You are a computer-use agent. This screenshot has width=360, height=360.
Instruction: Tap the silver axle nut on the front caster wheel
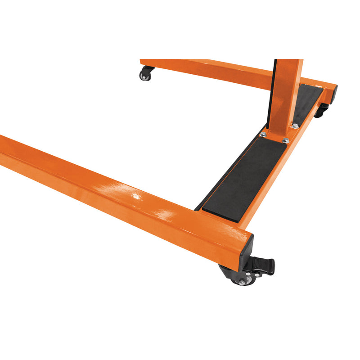tap(242, 282)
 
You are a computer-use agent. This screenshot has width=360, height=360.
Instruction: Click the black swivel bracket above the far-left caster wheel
tap(147, 69)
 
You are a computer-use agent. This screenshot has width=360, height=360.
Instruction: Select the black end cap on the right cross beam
tap(333, 94)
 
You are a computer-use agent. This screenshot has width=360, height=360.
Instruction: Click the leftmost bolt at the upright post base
tap(263, 134)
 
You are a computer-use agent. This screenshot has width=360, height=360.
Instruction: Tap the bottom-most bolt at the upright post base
tap(285, 141)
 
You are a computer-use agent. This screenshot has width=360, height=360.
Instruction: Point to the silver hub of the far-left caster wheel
tap(144, 77)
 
